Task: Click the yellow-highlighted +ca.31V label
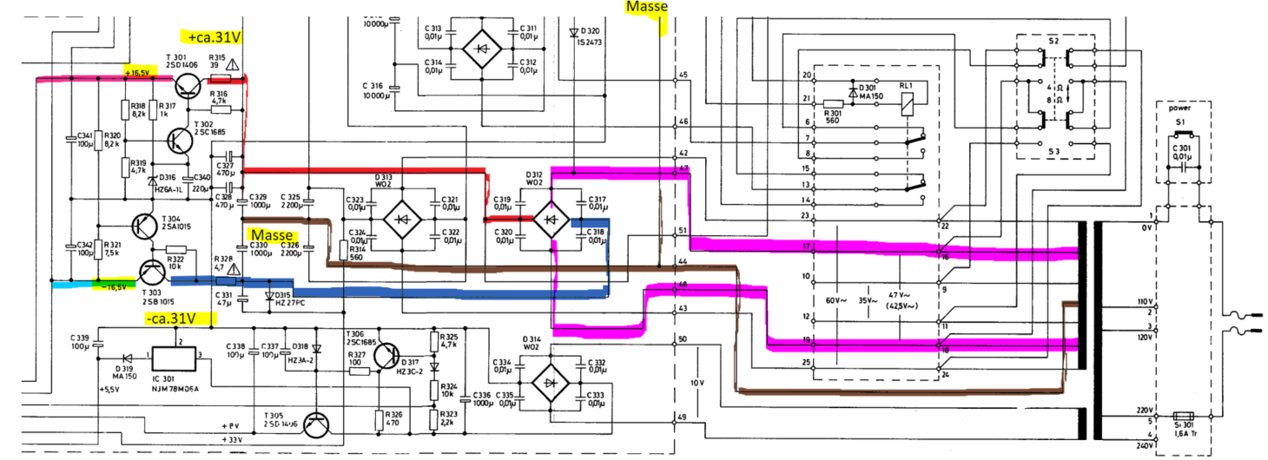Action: [x=212, y=36]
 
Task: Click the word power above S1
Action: [x=1180, y=109]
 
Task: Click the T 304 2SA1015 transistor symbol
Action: [x=145, y=226]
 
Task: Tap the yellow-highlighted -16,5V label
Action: [x=113, y=286]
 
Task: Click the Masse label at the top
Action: [x=646, y=8]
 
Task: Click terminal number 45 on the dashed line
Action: [x=683, y=75]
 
